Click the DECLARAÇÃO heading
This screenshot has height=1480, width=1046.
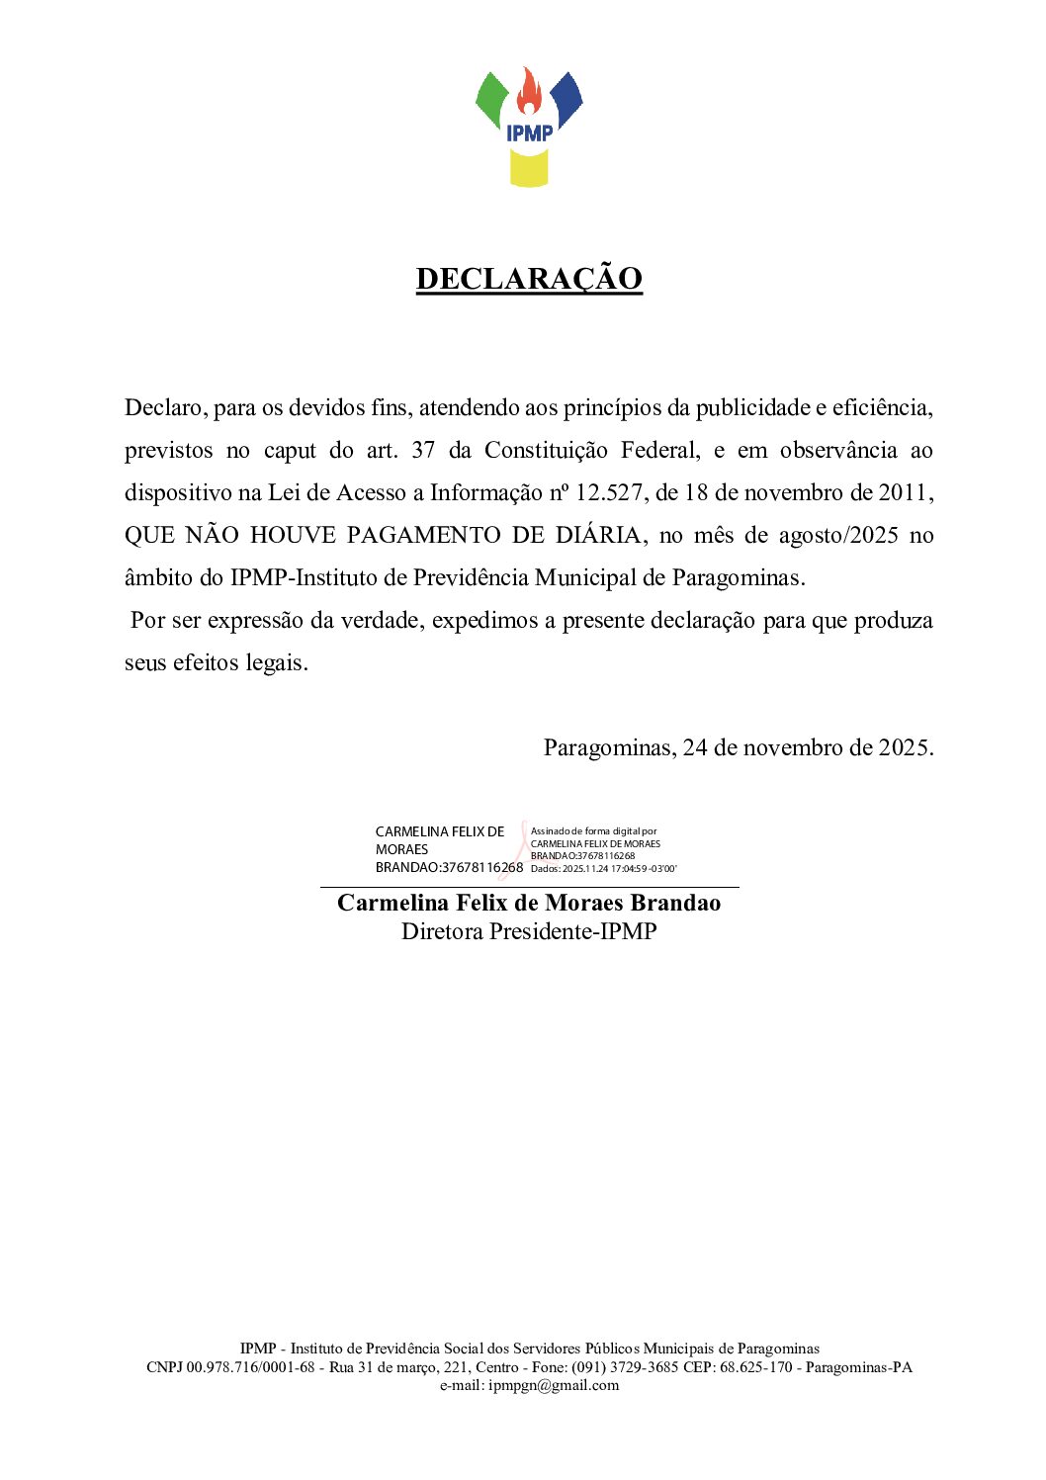click(529, 279)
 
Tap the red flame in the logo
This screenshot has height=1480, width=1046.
click(529, 94)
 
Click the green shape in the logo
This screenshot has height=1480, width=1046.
click(491, 99)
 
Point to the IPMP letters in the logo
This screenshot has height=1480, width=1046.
click(529, 132)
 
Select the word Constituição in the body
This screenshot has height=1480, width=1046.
click(546, 450)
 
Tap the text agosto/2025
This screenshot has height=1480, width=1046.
click(838, 535)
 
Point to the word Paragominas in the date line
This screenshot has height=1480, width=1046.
click(608, 747)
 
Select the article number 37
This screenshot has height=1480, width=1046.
click(423, 450)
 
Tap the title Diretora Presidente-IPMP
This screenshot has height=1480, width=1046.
click(529, 931)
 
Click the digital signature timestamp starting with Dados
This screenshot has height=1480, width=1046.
click(603, 869)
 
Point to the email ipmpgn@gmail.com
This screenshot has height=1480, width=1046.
click(554, 1385)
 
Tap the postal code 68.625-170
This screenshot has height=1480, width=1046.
click(755, 1367)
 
